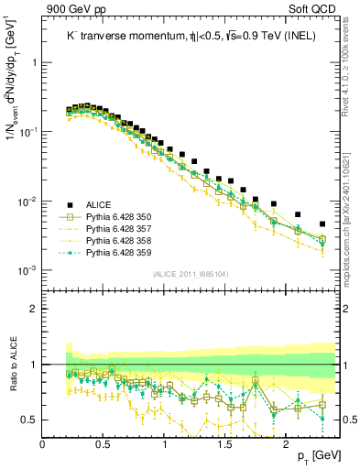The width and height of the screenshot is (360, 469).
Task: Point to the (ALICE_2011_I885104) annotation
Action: [x=191, y=274]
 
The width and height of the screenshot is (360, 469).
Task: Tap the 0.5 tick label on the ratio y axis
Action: [x=29, y=420]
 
